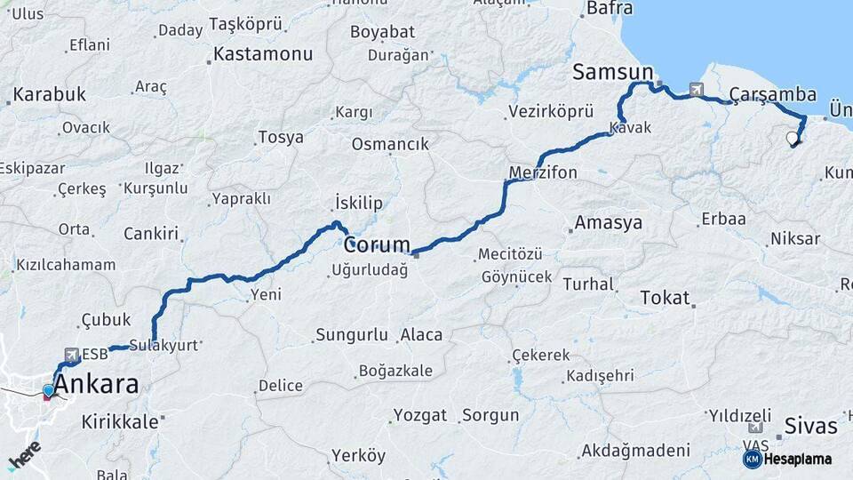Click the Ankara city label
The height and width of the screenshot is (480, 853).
tap(97, 385)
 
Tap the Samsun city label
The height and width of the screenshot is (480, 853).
tap(613, 72)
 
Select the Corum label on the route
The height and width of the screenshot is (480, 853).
tap(377, 244)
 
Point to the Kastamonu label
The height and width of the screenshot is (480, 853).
tap(263, 54)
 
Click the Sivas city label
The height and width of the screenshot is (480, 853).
tap(811, 426)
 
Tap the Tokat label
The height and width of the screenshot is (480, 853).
tap(665, 298)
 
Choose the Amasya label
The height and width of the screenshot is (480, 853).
tap(608, 223)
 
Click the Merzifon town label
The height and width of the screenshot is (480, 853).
tap(543, 172)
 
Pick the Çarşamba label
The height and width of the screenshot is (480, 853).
tap(773, 94)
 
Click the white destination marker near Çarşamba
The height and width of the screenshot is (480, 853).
tap(792, 138)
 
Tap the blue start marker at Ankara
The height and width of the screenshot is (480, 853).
tap(48, 390)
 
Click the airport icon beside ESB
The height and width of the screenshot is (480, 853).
tap(70, 353)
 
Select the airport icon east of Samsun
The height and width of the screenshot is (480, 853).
tap(694, 89)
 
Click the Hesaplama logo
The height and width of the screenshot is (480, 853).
tap(787, 459)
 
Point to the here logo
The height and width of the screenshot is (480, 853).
tap(24, 454)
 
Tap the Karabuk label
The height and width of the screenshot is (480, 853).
tap(50, 94)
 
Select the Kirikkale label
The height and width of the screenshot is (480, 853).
tap(120, 422)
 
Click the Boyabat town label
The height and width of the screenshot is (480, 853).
tap(382, 32)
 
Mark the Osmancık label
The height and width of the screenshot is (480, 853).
tap(390, 144)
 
